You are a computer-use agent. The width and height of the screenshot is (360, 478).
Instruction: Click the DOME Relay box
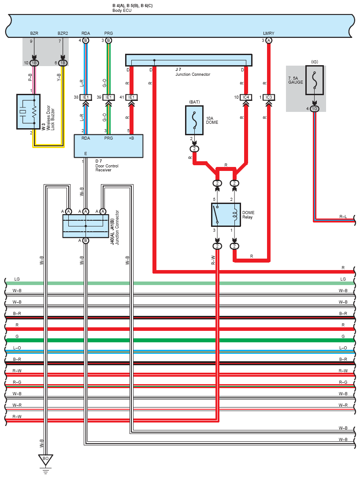[x=226, y=215]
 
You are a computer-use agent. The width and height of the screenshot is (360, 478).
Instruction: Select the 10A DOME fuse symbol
[x=194, y=120]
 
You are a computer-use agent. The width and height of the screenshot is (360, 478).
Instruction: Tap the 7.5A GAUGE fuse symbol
[x=314, y=80]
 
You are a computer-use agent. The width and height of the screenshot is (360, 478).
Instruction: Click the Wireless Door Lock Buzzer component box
[x=28, y=111]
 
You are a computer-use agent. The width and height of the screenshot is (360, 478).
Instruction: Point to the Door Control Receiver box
[x=108, y=146]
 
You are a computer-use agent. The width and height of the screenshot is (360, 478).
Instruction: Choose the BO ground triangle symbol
[x=45, y=459]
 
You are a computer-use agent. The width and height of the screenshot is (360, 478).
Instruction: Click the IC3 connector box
[x=268, y=97]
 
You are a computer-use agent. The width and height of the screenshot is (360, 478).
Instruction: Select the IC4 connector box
[x=246, y=97]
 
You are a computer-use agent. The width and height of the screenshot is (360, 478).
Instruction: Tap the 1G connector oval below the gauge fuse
[x=314, y=108]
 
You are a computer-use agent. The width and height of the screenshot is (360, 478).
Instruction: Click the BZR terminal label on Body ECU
[x=34, y=33]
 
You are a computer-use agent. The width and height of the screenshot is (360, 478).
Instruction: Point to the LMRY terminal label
[x=268, y=33]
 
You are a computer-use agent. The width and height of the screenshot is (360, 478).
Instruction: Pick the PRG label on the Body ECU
[x=108, y=33]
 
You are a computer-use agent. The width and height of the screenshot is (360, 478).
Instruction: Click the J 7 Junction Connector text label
[x=193, y=72]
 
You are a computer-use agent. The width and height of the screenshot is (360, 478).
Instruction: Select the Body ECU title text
[x=132, y=8]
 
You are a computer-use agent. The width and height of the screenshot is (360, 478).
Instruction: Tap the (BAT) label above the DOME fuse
[x=194, y=102]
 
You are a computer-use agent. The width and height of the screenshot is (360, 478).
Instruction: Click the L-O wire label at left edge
[x=17, y=348]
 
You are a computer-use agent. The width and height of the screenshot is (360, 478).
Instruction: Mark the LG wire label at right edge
[x=343, y=279]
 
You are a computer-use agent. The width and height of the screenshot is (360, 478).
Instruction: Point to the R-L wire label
[x=343, y=216]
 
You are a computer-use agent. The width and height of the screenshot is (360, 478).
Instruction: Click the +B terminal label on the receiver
[x=131, y=138]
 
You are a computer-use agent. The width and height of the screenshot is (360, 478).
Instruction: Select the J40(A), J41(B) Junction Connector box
[x=85, y=226]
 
